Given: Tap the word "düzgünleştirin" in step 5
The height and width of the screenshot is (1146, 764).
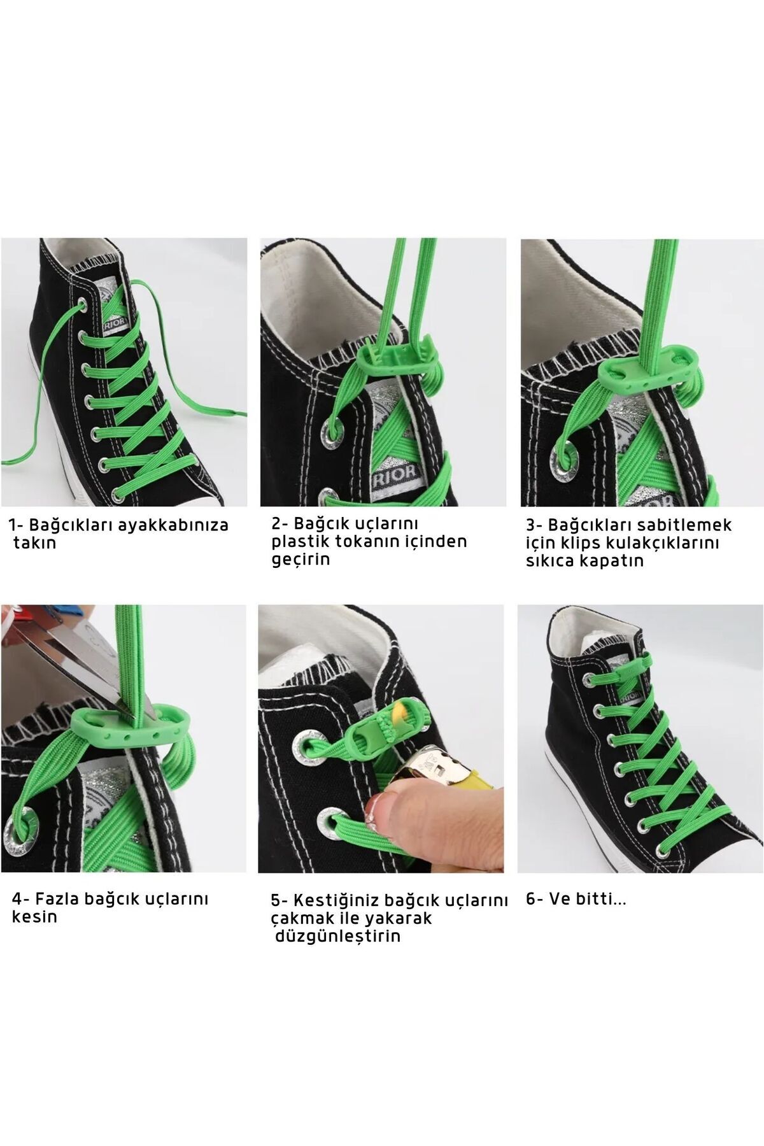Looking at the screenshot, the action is click(339, 937).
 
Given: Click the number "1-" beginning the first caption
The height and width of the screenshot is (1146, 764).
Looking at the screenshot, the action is click(16, 526).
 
